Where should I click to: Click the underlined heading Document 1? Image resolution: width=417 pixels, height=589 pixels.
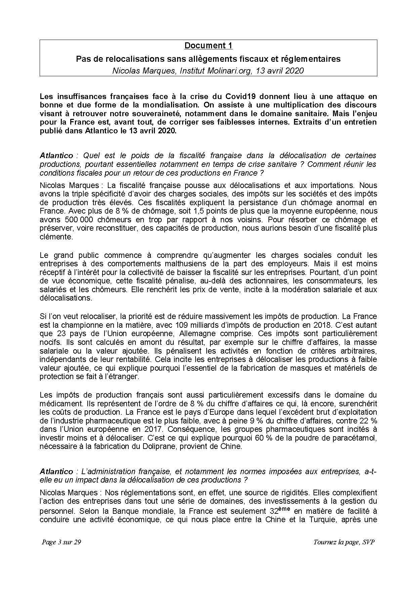[x=208, y=46]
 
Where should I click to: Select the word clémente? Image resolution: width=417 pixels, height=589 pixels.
[x=56, y=237]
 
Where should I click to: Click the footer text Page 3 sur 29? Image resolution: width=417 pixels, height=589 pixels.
[x=61, y=542]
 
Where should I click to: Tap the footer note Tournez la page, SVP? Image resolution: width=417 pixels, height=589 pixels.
[x=344, y=542]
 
